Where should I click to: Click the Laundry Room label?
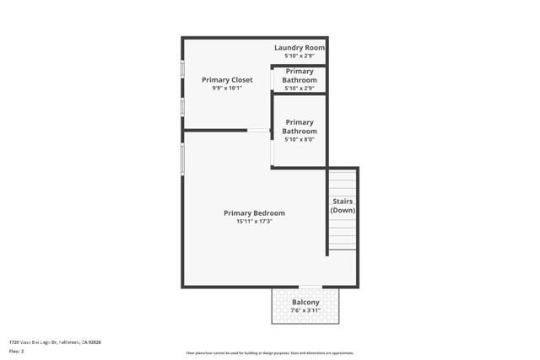click(x=299, y=48)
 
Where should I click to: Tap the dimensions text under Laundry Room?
click(x=299, y=56)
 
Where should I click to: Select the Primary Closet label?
click(x=227, y=80)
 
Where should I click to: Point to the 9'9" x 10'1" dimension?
click(x=227, y=88)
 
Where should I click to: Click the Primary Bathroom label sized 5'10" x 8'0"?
click(x=300, y=126)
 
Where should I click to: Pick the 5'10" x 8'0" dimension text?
click(x=300, y=140)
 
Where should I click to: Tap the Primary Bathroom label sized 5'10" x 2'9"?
click(x=300, y=76)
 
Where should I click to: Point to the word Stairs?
click(x=343, y=201)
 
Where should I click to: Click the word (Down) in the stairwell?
click(x=343, y=210)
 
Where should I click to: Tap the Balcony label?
click(x=305, y=302)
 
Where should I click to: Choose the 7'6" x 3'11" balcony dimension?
click(x=305, y=310)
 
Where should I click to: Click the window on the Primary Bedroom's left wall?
click(x=182, y=159)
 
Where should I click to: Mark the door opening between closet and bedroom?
click(x=258, y=131)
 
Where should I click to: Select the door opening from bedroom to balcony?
click(x=310, y=287)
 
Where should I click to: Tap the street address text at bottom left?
click(x=55, y=342)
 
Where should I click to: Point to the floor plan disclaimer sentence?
click(x=270, y=353)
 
